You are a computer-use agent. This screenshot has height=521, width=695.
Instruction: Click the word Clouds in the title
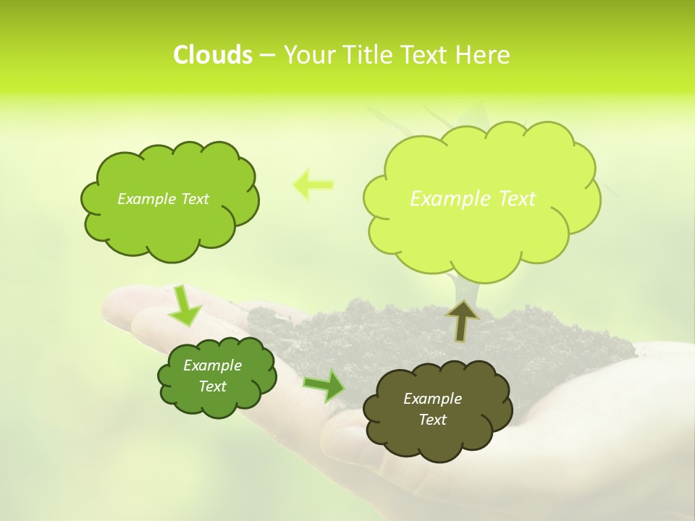point(212,55)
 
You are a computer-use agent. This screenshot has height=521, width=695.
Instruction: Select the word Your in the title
point(310,55)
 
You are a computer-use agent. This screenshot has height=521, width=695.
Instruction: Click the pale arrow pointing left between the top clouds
point(313,185)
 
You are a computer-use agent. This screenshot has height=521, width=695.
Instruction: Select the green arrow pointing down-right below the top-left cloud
point(185,305)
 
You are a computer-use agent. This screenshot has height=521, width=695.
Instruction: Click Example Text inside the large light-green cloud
point(473,199)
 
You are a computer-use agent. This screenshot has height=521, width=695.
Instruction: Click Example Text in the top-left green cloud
point(163,199)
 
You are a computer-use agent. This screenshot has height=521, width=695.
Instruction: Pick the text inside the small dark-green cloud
point(213,376)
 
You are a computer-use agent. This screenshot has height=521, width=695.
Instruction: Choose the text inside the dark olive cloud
point(432,409)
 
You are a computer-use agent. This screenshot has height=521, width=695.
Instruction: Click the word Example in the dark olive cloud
point(432,399)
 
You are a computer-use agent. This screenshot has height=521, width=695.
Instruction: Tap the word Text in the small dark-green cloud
point(213,386)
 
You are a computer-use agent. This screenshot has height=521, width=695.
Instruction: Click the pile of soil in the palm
point(362,326)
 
